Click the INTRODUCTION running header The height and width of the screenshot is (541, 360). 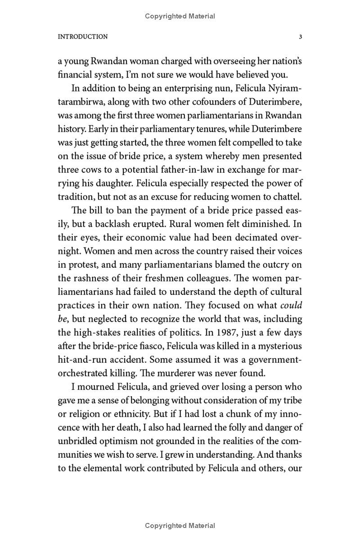pyautogui.click(x=83, y=37)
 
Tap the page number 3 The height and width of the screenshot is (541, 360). pyautogui.click(x=300, y=37)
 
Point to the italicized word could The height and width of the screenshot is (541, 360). pyautogui.click(x=291, y=305)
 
